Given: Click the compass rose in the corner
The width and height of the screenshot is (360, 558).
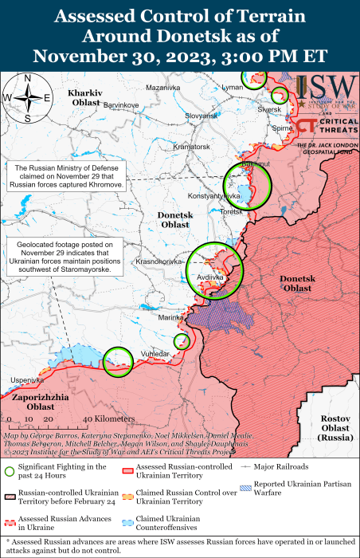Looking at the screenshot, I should coord(27,98).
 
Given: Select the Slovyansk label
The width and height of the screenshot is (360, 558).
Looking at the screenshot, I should coord(201,116).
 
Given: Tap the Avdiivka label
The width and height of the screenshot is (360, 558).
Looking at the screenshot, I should coord(209,277).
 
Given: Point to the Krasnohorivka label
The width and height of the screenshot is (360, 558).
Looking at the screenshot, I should coord(160,261).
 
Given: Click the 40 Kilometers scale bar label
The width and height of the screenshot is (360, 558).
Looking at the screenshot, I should coord(109,418).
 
